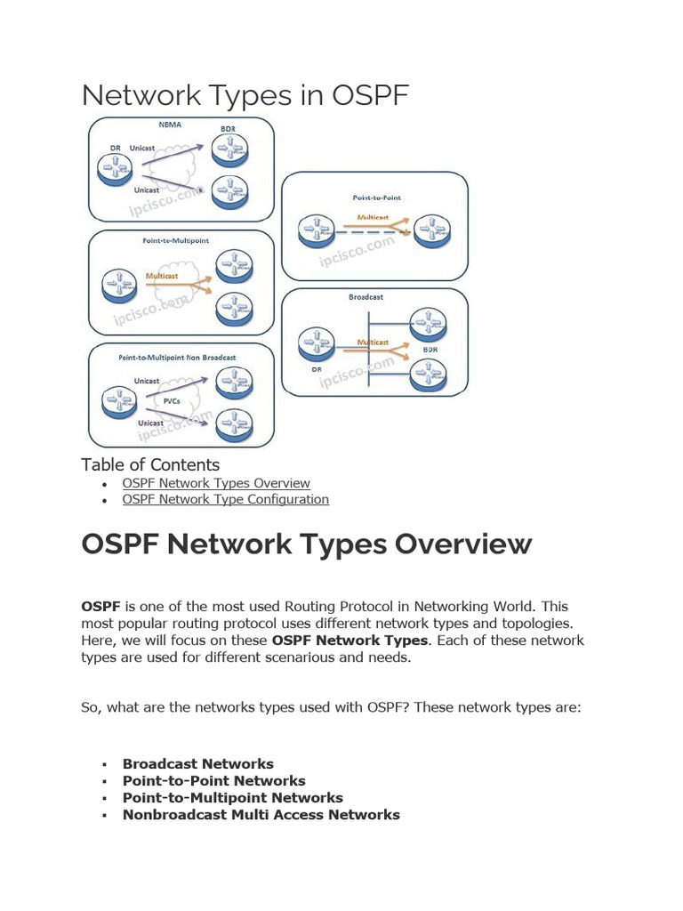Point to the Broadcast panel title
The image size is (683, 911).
click(x=366, y=298)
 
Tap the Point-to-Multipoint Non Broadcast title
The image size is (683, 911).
click(x=177, y=357)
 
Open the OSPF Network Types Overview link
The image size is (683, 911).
click(x=216, y=483)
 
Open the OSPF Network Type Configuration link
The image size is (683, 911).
click(x=225, y=499)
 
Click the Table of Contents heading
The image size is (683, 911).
click(x=150, y=464)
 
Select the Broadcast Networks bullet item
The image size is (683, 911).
click(x=197, y=763)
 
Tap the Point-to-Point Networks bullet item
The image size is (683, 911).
click(x=213, y=780)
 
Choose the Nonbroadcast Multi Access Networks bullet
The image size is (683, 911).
click(x=261, y=814)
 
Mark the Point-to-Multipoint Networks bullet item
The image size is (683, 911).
click(x=232, y=797)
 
